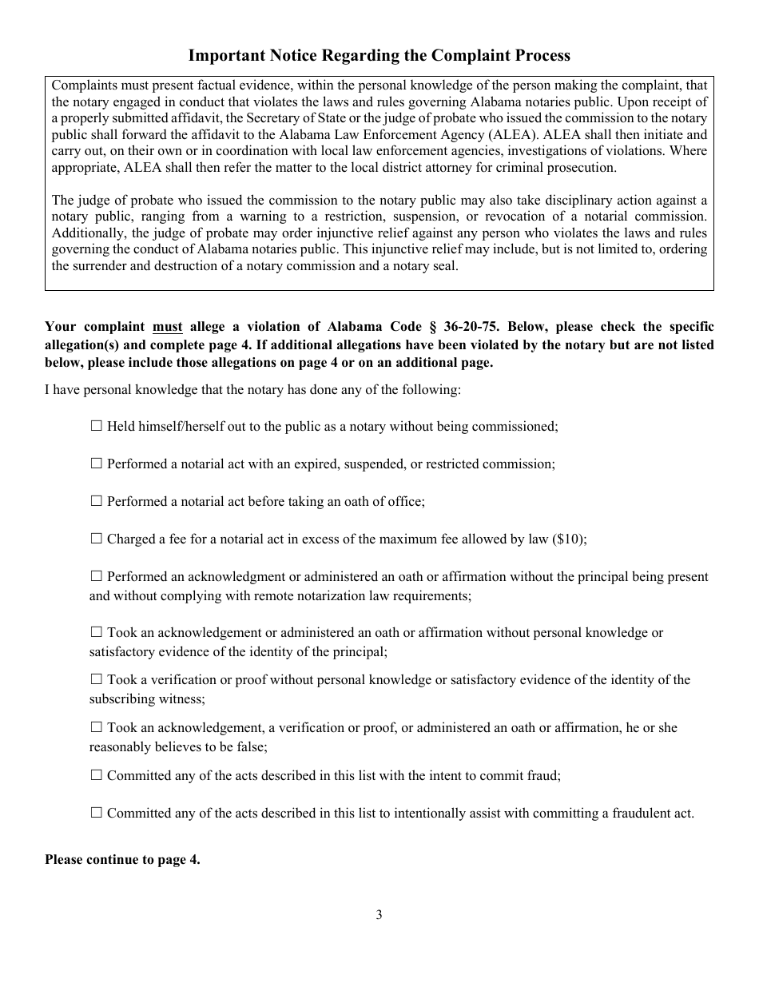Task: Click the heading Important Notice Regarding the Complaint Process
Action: [x=379, y=55]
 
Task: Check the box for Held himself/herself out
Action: [x=97, y=427]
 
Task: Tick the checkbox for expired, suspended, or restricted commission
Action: [x=97, y=464]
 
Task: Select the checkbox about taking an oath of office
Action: [x=97, y=501]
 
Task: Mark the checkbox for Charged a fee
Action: [x=97, y=539]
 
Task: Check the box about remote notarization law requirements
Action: [x=97, y=576]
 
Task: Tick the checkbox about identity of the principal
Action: [x=97, y=632]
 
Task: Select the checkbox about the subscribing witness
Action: [x=97, y=679]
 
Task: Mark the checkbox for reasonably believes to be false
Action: [x=97, y=727]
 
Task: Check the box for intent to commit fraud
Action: [x=97, y=775]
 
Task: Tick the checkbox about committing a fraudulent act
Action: [x=97, y=813]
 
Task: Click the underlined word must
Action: [x=167, y=326]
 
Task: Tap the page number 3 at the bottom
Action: [x=379, y=915]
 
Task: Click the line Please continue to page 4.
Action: [x=122, y=860]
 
